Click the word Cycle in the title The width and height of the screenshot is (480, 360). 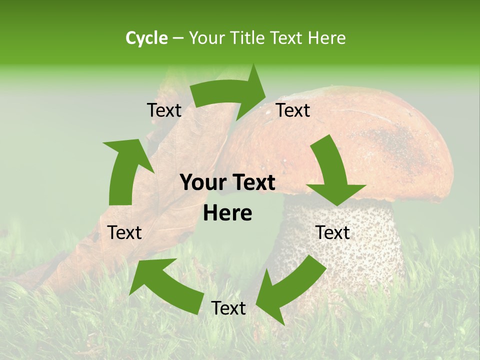point(146,38)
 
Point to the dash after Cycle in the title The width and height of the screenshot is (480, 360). point(178,38)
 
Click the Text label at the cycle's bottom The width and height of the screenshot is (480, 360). point(228,308)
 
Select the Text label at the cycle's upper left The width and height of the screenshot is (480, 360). point(164,110)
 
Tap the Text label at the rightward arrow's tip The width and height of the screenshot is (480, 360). point(293,110)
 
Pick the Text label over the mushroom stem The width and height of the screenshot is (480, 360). point(332,232)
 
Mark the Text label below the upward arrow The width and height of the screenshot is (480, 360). point(124,232)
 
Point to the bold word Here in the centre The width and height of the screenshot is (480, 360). point(227,213)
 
